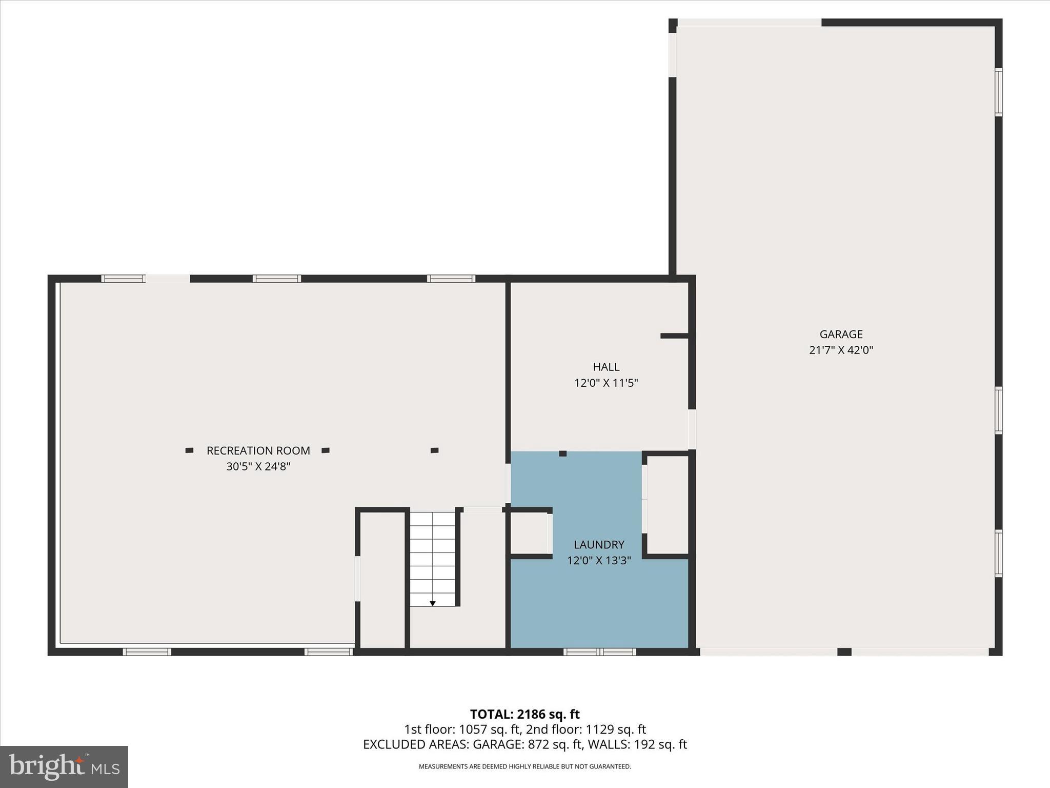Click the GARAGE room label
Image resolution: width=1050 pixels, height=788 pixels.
(841, 334)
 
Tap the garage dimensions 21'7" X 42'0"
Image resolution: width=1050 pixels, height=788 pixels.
(841, 350)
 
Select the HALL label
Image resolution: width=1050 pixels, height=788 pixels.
(606, 367)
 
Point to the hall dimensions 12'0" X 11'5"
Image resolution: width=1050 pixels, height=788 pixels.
(606, 383)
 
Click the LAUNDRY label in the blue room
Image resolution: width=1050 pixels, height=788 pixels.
(599, 544)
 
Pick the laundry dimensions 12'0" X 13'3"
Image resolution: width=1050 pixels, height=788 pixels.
(599, 560)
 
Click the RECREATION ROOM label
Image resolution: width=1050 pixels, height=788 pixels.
(258, 450)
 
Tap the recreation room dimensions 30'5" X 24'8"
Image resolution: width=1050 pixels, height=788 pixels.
(258, 466)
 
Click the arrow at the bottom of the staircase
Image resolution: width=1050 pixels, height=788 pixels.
(433, 603)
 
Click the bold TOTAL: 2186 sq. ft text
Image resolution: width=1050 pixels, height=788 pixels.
(524, 714)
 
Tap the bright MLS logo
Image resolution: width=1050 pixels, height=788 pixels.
(64, 766)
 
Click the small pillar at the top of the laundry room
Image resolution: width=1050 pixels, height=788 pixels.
(562, 454)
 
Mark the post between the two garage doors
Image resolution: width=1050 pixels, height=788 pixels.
(844, 652)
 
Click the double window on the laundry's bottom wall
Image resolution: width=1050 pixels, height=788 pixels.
(599, 652)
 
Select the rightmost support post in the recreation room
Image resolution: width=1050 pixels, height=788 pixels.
(434, 450)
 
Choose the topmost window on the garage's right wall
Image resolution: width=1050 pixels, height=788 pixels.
(998, 92)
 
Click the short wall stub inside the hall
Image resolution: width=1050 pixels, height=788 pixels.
(674, 336)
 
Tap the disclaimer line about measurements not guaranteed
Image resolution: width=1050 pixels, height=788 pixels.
(524, 766)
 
